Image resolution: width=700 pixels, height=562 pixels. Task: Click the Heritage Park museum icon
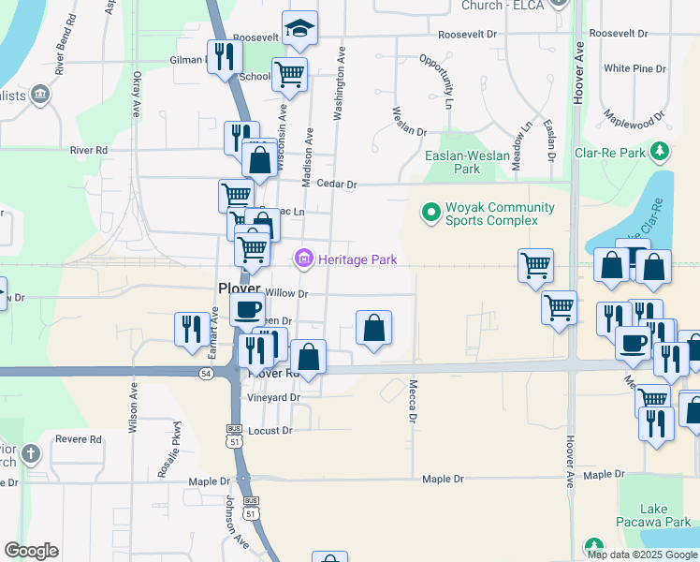pyautogui.click(x=304, y=259)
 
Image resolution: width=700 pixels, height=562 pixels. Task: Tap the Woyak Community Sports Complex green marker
pyautogui.click(x=430, y=214)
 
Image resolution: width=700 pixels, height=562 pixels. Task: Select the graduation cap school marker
pyautogui.click(x=300, y=29)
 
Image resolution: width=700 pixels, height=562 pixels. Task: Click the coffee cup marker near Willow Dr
pyautogui.click(x=248, y=309)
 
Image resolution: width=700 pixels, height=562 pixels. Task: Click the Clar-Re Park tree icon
pyautogui.click(x=661, y=151)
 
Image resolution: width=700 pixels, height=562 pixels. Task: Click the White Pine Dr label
pyautogui.click(x=634, y=68)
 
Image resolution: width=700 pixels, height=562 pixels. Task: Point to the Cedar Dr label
pyautogui.click(x=337, y=185)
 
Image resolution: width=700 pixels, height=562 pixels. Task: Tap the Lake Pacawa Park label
pyautogui.click(x=667, y=515)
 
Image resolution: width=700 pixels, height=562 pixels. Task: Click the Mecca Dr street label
pyautogui.click(x=412, y=400)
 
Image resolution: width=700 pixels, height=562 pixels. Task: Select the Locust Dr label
pyautogui.click(x=270, y=431)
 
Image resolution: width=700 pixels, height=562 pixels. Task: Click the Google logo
pyautogui.click(x=31, y=551)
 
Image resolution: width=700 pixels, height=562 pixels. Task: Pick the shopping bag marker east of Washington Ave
pyautogui.click(x=373, y=328)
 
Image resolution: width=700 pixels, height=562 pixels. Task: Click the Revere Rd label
pyautogui.click(x=79, y=438)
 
